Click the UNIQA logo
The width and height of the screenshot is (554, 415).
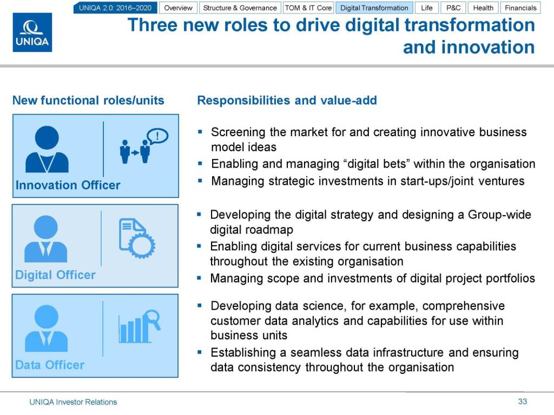coord(32,32)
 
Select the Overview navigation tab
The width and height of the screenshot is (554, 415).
coord(178,8)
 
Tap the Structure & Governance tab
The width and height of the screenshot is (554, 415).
coord(240,8)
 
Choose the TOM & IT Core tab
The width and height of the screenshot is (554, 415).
coord(308,8)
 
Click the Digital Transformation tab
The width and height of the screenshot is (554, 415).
coord(374,8)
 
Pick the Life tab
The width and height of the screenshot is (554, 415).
coord(427,8)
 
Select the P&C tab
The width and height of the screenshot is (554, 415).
coord(453,8)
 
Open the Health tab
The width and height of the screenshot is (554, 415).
coord(483,8)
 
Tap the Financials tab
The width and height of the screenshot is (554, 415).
coord(520,8)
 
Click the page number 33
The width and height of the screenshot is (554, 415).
coord(523,401)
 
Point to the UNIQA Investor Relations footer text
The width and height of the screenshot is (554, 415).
coord(73,402)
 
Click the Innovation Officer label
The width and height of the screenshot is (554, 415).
coord(68,185)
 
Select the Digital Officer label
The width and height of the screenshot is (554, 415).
coord(55,275)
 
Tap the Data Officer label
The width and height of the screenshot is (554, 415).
coord(50,365)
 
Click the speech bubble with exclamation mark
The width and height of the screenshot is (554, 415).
coord(157,136)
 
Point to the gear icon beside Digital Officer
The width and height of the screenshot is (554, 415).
coord(141,245)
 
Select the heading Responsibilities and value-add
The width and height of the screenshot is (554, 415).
coord(287,100)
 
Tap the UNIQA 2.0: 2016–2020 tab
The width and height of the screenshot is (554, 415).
coord(115,8)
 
